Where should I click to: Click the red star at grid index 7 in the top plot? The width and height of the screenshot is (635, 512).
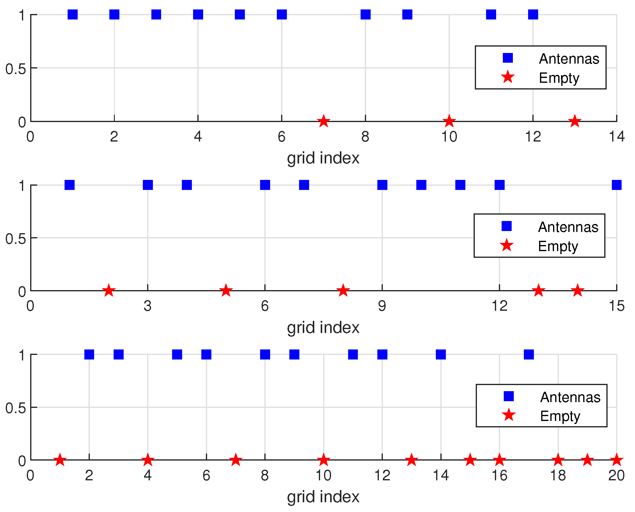pos(323,121)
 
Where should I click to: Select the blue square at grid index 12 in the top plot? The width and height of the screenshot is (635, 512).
pos(533,14)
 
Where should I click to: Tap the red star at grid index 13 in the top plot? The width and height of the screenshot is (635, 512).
pos(575,121)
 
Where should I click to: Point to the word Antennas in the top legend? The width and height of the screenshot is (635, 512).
pos(569,59)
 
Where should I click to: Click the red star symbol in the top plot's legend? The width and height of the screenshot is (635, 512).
pos(508,77)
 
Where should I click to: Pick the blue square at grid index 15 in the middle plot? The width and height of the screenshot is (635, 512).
pos(616,185)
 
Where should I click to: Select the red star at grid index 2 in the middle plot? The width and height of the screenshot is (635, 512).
pos(109,291)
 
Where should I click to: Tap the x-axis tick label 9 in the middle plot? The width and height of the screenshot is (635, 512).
pos(382,306)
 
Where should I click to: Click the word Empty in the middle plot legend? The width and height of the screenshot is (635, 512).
pos(558,246)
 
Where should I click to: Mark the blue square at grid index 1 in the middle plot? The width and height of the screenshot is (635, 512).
pos(70,185)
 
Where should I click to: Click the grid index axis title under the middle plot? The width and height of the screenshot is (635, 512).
pos(323,328)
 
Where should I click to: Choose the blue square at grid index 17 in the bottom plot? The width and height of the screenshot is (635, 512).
pos(529,354)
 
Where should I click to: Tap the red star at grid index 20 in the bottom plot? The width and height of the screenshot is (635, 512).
pos(616,460)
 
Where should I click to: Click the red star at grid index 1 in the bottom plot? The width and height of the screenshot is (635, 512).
pos(60,460)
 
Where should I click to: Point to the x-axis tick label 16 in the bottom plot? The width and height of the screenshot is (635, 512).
pos(499,475)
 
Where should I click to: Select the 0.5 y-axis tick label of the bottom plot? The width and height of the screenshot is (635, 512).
pos(16,408)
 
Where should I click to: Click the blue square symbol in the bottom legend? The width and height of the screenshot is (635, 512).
pos(509,396)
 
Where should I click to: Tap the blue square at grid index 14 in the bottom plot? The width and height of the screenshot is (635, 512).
pos(441,354)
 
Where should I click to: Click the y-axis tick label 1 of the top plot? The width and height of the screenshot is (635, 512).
pos(22,15)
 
